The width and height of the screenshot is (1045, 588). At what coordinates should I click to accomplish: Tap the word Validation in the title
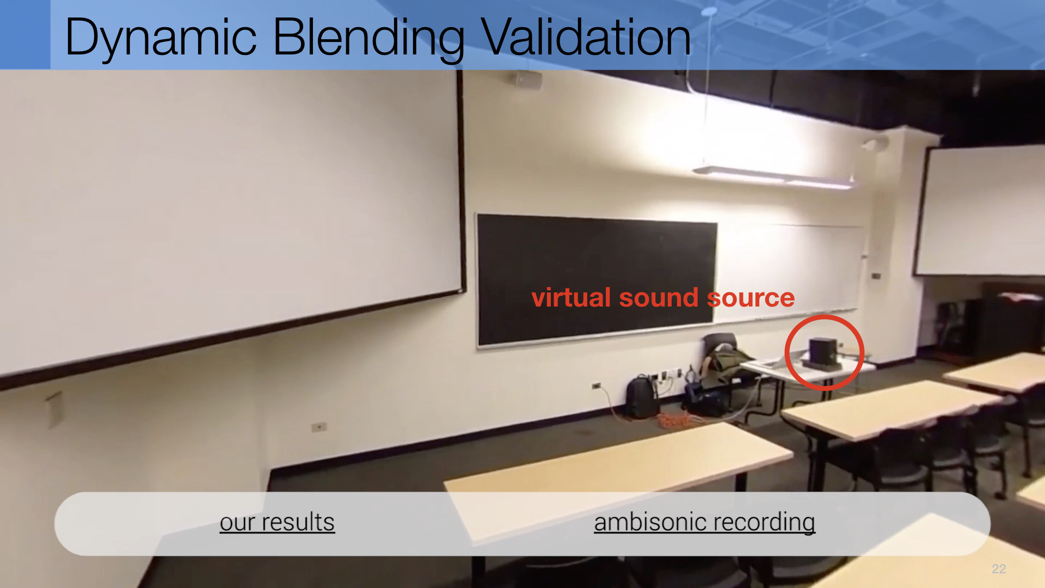pos(586,37)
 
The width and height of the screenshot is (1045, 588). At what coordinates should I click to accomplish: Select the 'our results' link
pos(277,522)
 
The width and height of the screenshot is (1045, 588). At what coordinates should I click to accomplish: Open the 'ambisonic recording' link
pos(704,522)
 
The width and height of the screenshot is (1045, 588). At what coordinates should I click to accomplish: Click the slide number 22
pos(999,569)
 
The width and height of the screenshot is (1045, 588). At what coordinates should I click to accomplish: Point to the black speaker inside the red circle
pos(822,351)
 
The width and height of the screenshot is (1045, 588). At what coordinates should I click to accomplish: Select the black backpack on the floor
pos(642,396)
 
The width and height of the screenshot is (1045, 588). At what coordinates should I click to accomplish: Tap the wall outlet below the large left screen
pos(319,427)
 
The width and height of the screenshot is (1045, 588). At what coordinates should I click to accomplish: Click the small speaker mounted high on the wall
pos(525,80)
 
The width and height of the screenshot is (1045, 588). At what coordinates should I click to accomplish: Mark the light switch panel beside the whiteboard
pos(876,276)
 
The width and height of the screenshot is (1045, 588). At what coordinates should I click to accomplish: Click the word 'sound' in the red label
pos(659,298)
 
